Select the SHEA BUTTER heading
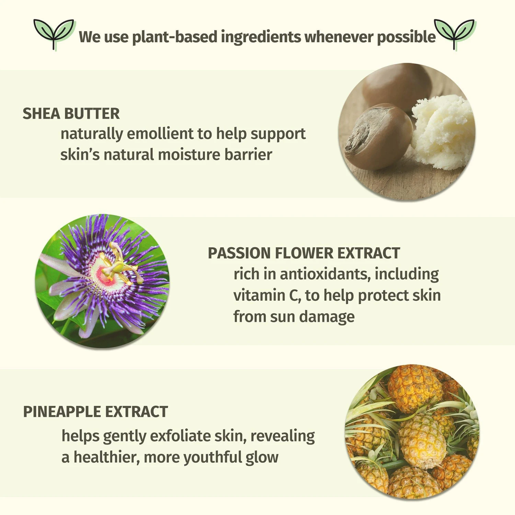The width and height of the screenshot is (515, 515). pos(71,114)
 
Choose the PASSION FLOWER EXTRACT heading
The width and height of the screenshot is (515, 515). pos(304,253)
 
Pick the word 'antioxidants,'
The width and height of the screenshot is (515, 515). pos(325,274)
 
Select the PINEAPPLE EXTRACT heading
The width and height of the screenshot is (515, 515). pos(95,412)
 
